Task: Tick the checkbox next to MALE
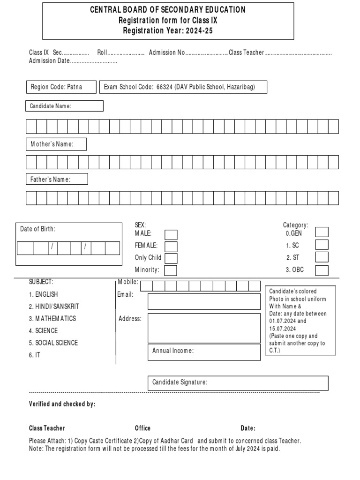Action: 171,235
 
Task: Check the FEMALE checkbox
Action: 171,247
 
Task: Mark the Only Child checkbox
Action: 171,258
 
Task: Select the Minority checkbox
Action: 171,270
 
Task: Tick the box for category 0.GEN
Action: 322,232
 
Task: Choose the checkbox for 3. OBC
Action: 322,270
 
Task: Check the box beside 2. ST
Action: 322,257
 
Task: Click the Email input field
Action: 204,301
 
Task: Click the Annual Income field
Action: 204,351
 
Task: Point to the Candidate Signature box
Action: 238,383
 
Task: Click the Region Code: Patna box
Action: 61,88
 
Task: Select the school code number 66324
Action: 165,88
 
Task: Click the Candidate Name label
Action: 51,106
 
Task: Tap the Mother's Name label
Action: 52,144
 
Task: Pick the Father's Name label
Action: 51,180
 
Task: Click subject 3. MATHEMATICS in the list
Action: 52,319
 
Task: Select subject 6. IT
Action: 35,355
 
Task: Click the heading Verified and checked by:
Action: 62,405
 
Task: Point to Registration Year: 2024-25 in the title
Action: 167,30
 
